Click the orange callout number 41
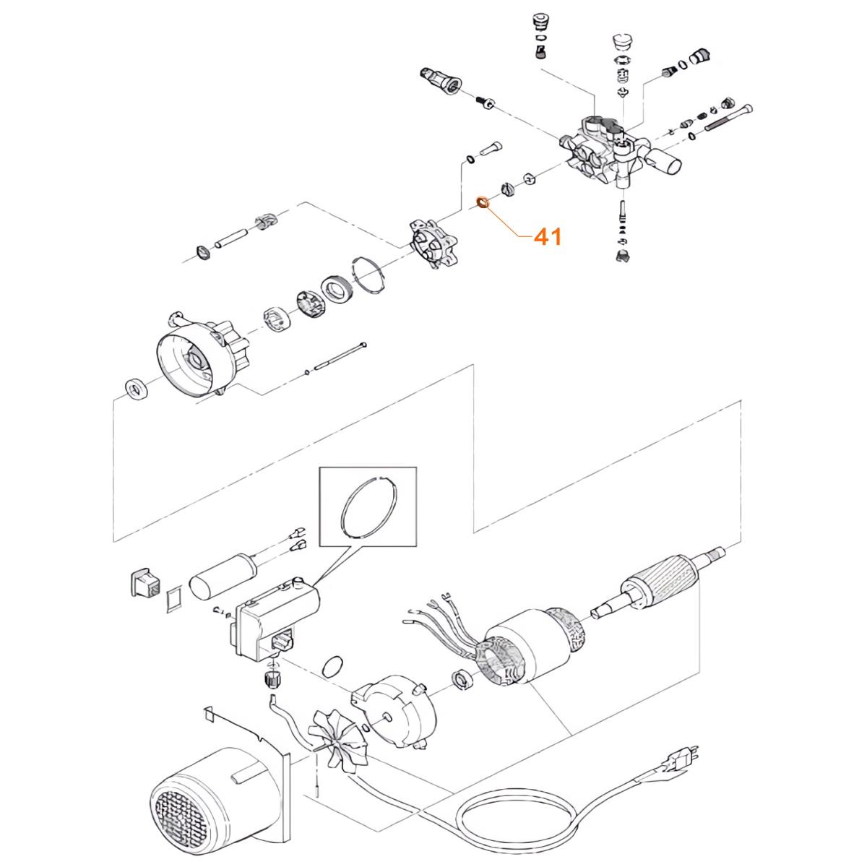point(547,236)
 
